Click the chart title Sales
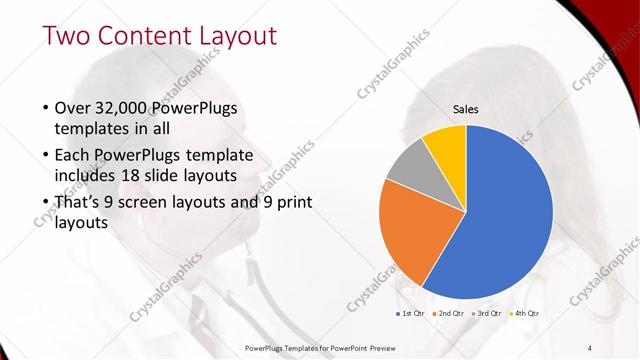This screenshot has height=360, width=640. (x=465, y=107)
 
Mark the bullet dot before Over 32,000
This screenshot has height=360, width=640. (x=45, y=108)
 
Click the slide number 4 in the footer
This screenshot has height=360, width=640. (x=589, y=346)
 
